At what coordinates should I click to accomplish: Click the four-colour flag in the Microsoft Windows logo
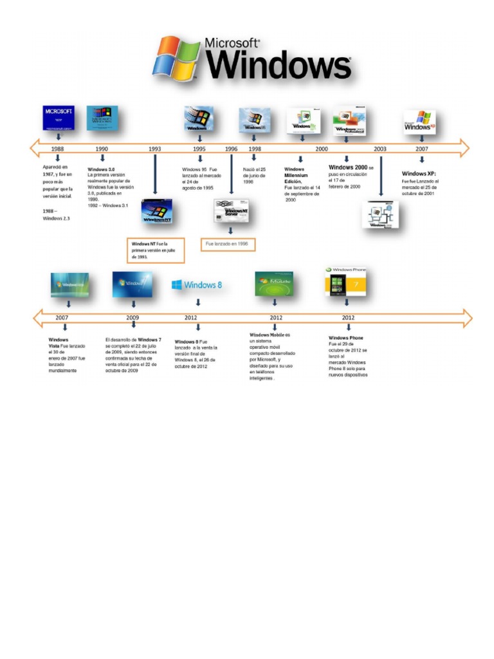pos(176,57)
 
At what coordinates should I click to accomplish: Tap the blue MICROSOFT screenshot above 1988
pos(59,118)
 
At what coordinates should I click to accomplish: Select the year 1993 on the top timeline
pos(155,149)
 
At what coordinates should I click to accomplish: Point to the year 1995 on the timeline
pos(199,149)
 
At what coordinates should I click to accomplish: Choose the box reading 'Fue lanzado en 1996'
pos(228,245)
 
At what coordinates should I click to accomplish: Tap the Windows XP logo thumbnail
pos(420,121)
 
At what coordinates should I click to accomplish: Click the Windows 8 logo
pos(197,285)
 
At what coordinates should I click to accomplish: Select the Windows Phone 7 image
pos(346,282)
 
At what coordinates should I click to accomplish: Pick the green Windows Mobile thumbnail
pos(275,284)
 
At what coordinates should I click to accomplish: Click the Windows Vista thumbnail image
pos(69,284)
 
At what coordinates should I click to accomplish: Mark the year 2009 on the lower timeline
pos(133,318)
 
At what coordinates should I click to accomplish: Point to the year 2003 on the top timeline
pos(380,149)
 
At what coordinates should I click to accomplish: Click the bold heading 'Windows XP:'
pos(419,174)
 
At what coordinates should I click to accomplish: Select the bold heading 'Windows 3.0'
pos(101,169)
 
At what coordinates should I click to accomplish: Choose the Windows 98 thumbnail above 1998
pos(254,120)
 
